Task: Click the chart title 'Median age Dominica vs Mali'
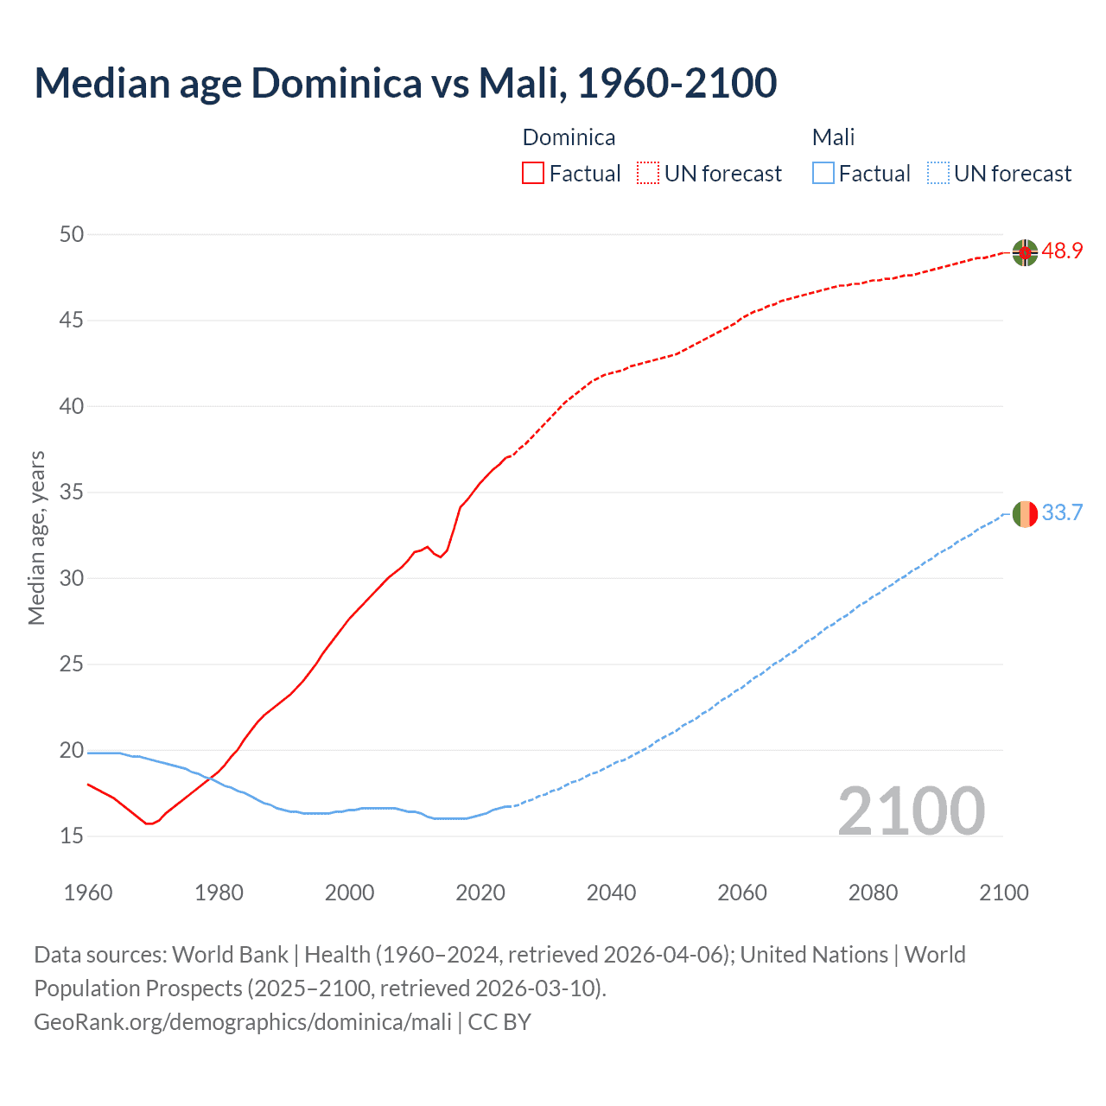coord(405,83)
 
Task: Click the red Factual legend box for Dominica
coord(533,174)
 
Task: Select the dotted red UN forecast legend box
coord(648,174)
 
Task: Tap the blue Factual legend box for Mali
coord(823,174)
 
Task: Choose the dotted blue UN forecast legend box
coord(938,174)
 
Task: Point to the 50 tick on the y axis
coord(72,234)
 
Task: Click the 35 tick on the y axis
coord(72,493)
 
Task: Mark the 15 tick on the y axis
coord(72,836)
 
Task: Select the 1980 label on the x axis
coord(219,893)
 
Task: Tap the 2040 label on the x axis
coord(611,893)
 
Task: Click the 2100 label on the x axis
coord(1003,893)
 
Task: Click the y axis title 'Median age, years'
coord(36,537)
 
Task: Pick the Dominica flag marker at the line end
coord(1025,252)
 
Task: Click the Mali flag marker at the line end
coord(1025,513)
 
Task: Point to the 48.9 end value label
coord(1062,251)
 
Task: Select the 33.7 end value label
coord(1062,513)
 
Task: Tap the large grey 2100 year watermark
coord(911,810)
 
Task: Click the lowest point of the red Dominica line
coord(149,823)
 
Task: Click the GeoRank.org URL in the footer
coord(243,1022)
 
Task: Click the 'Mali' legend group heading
coord(833,137)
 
